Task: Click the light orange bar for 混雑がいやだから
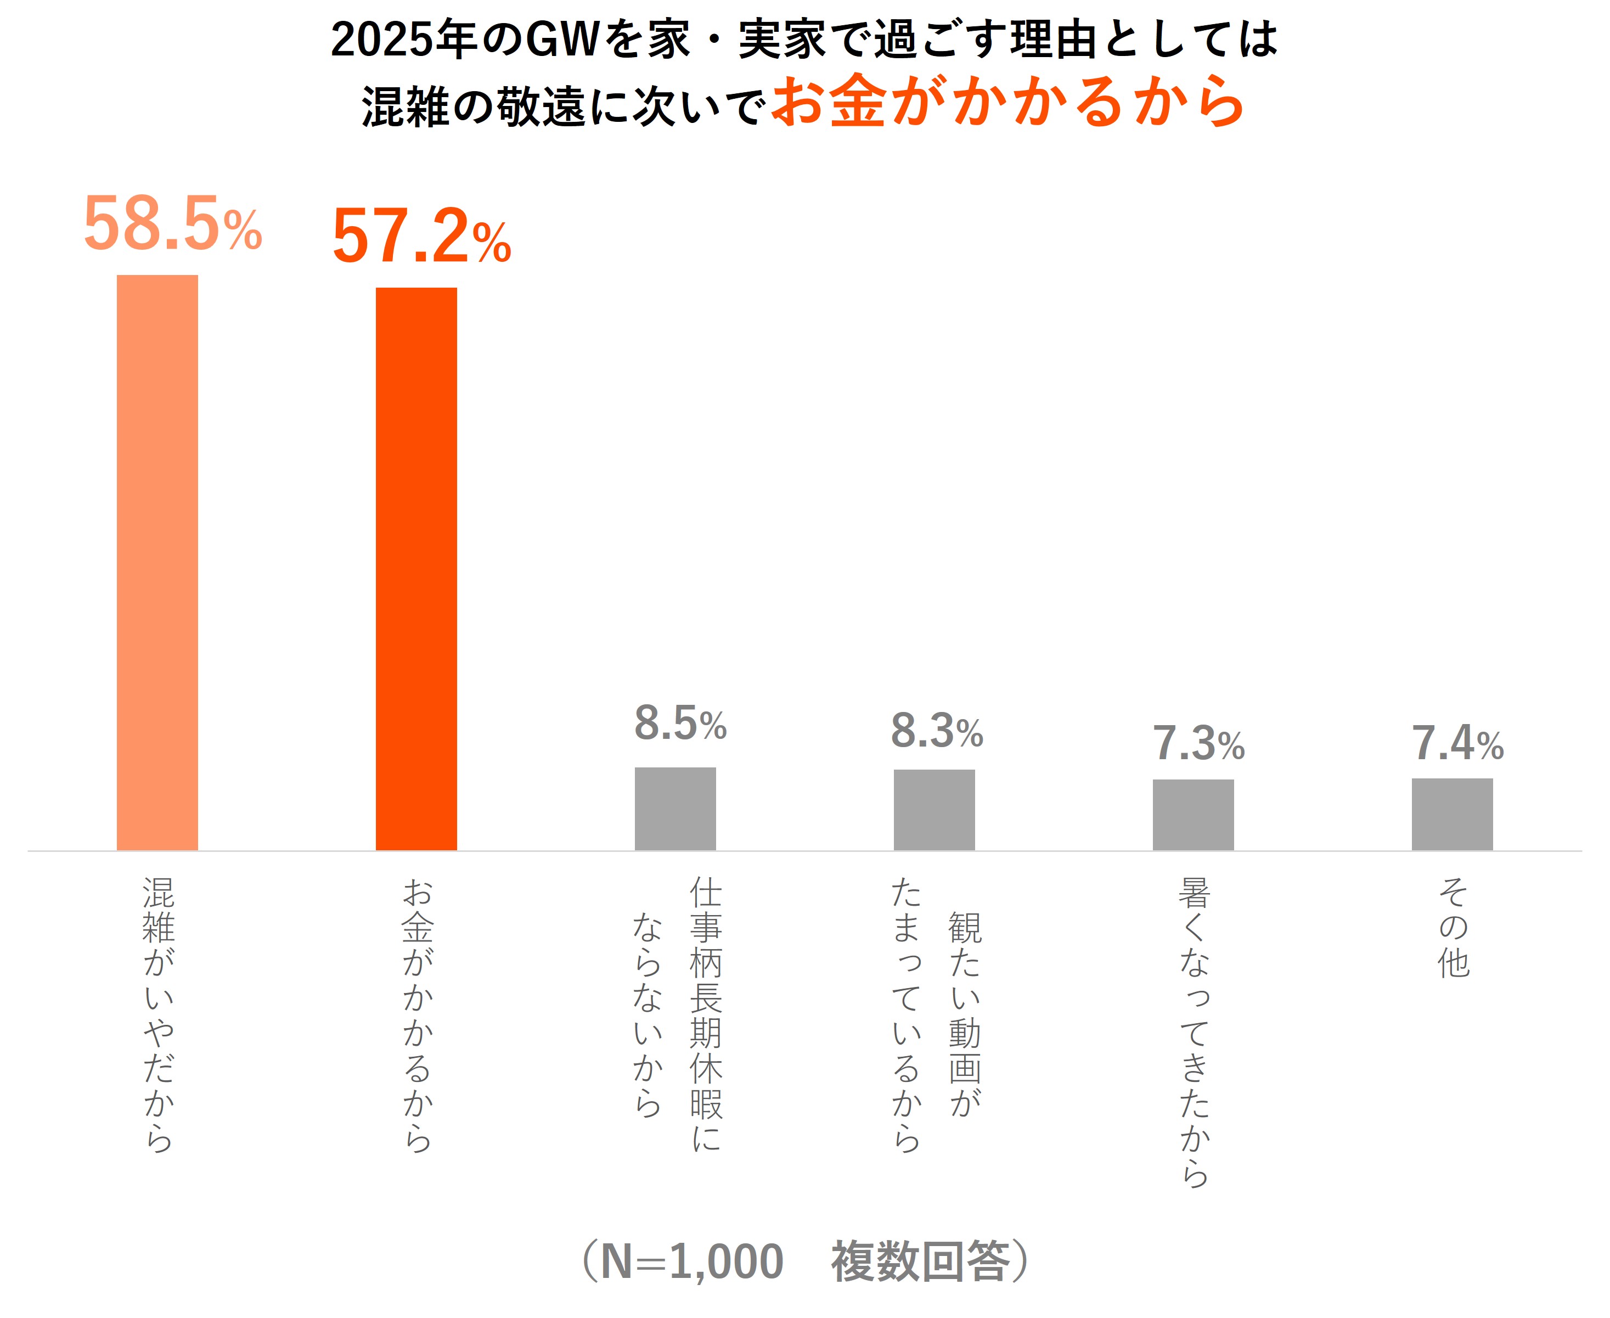(157, 562)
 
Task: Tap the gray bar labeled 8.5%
(675, 809)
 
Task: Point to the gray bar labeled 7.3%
(1192, 815)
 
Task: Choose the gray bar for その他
(1451, 814)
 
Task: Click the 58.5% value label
(172, 224)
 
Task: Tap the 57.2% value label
(421, 237)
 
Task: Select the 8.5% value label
(680, 723)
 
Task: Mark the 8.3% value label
(937, 731)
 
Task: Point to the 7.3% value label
(1198, 743)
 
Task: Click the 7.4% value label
(1457, 743)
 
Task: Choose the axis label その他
(1453, 927)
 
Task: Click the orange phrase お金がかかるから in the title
(1007, 102)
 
